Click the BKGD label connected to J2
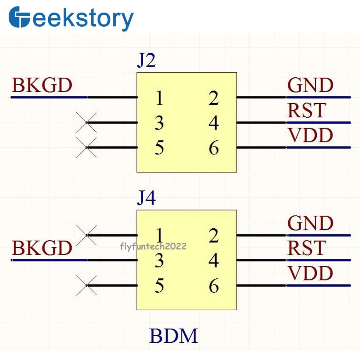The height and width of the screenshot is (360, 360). pyautogui.click(x=42, y=86)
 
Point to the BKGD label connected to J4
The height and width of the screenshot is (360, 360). pyautogui.click(x=42, y=248)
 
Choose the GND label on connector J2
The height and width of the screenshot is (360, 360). pyautogui.click(x=310, y=86)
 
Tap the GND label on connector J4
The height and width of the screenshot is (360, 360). pyautogui.click(x=310, y=224)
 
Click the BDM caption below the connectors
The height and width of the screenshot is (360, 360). pyautogui.click(x=174, y=336)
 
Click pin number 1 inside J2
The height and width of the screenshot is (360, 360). pyautogui.click(x=159, y=98)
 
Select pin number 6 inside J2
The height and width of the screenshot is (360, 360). pyautogui.click(x=214, y=148)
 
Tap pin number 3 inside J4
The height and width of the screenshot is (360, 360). pyautogui.click(x=159, y=261)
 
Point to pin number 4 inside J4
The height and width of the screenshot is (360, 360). pyautogui.click(x=214, y=261)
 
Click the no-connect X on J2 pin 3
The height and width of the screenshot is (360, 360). pyautogui.click(x=87, y=123)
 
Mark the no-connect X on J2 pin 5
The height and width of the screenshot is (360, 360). pyautogui.click(x=87, y=148)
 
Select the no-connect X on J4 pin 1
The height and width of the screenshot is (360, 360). pyautogui.click(x=87, y=235)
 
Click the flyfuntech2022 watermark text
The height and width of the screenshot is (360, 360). pyautogui.click(x=153, y=246)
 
